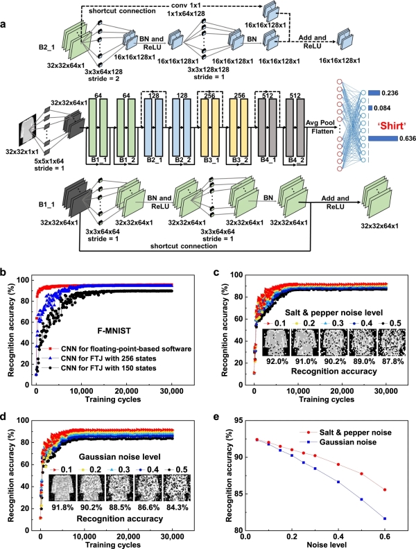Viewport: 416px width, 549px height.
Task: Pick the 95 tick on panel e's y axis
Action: pyautogui.click(x=236, y=421)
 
